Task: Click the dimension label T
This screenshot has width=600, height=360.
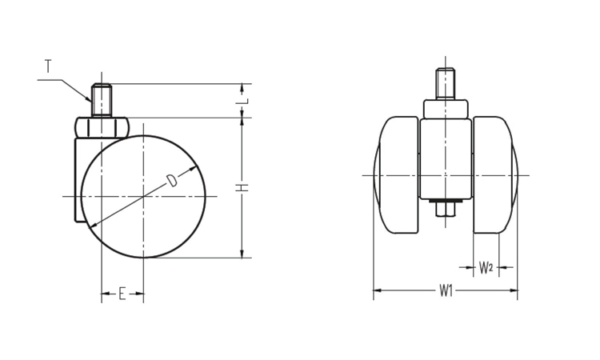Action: pyautogui.click(x=48, y=66)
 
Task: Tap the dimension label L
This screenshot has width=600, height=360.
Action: pyautogui.click(x=246, y=101)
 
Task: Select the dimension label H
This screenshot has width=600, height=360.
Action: pyautogui.click(x=242, y=188)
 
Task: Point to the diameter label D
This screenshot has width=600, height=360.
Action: pyautogui.click(x=172, y=181)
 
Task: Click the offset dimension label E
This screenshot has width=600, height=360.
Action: pyautogui.click(x=122, y=294)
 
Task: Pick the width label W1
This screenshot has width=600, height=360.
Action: pyautogui.click(x=446, y=290)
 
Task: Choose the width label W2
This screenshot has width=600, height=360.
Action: pyautogui.click(x=486, y=268)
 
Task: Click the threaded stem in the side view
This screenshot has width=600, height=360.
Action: pyautogui.click(x=102, y=100)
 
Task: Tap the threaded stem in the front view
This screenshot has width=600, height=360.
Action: pyautogui.click(x=446, y=84)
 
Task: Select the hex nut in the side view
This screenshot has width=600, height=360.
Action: pyautogui.click(x=102, y=127)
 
